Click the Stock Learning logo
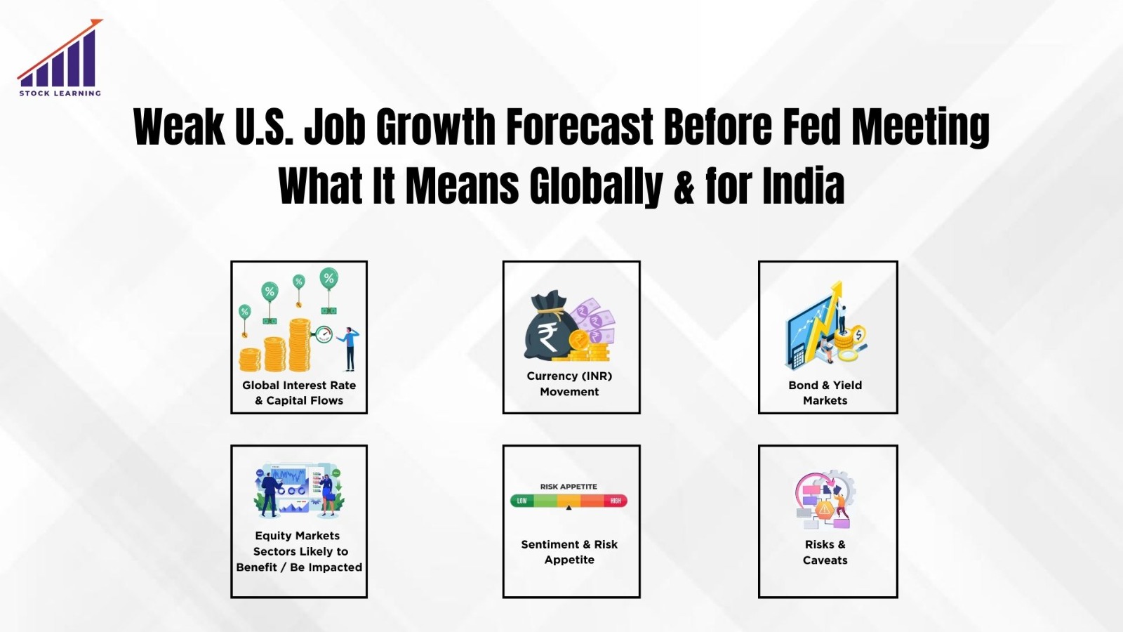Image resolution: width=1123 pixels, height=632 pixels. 60,59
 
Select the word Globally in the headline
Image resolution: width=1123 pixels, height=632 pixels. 596,187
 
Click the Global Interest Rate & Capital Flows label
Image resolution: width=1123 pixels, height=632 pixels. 299,393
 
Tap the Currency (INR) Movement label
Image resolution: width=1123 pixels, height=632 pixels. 569,383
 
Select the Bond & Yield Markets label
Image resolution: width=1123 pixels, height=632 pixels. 825,393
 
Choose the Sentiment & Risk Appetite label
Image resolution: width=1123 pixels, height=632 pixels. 569,552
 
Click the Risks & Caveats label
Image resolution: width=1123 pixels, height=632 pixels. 825,552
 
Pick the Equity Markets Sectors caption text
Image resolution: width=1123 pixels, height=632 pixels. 299,551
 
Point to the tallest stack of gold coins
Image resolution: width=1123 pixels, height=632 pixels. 300,345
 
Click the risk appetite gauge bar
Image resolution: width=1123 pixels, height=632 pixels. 569,501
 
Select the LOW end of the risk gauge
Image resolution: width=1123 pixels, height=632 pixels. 521,501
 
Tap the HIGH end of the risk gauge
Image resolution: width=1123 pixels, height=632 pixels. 616,501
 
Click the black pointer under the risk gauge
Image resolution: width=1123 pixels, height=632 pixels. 569,508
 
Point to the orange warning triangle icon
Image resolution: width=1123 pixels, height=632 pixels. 825,509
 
